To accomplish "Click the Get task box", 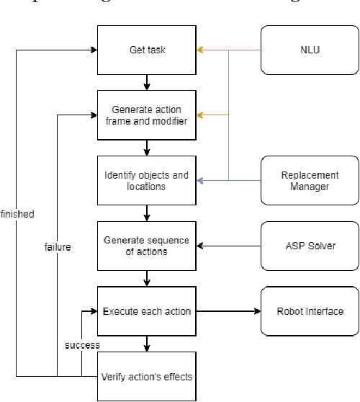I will click(147, 50).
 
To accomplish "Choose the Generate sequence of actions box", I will click(147, 246).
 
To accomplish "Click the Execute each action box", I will click(147, 311).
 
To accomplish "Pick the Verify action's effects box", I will click(147, 375).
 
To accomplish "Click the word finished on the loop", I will click(17, 214).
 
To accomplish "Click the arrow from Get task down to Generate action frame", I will click(147, 81).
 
